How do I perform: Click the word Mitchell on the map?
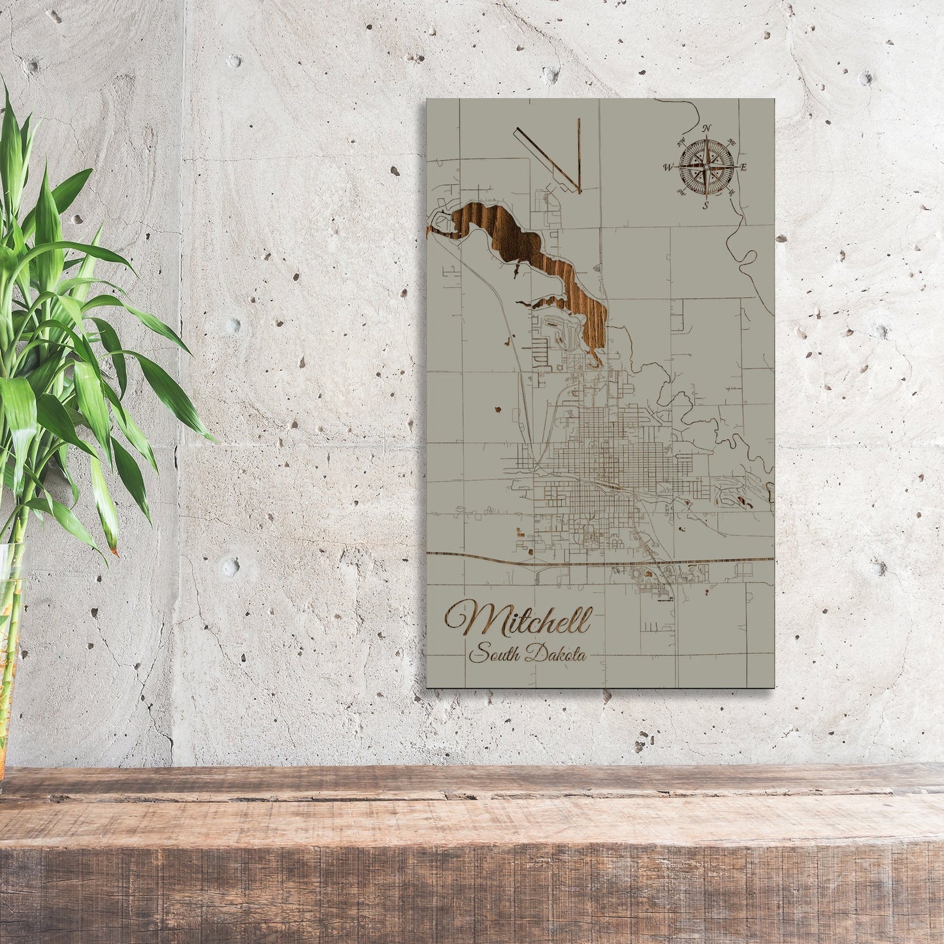coord(519,620)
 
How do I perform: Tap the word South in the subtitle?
coord(495,651)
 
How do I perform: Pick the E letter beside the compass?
coord(743,167)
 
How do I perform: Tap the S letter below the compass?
coord(706,206)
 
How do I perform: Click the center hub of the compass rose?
coord(705,167)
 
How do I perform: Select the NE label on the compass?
coord(731,142)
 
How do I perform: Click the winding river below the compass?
coord(745,248)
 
